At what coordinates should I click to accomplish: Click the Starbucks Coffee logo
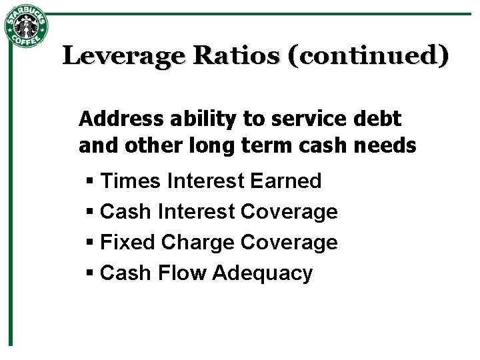pos(26,27)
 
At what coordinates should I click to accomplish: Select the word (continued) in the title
pos(367,55)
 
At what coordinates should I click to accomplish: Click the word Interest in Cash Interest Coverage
pos(197,212)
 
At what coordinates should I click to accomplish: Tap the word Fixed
pos(125,242)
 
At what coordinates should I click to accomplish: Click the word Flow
pos(181,273)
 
